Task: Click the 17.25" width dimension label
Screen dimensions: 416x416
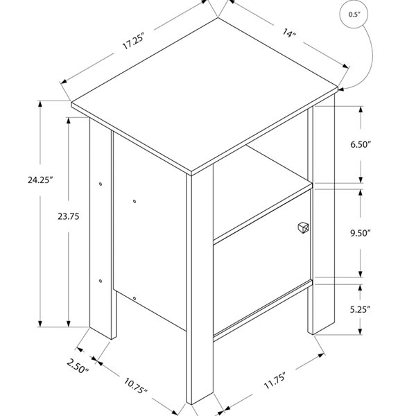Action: point(133,41)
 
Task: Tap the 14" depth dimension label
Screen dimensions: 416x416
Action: point(289,33)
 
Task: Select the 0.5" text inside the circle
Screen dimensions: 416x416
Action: point(354,15)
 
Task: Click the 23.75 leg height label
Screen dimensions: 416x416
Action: point(69,216)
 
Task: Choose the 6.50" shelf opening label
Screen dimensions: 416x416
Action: point(361,145)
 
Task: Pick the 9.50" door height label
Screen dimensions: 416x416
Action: point(360,233)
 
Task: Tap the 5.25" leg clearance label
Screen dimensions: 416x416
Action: point(360,309)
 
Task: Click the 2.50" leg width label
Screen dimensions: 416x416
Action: point(77,365)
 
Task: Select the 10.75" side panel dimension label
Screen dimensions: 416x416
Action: point(135,386)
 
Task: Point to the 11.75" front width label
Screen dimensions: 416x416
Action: point(275,381)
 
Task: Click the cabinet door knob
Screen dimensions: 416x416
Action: point(303,227)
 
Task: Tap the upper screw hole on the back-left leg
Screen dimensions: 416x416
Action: point(101,184)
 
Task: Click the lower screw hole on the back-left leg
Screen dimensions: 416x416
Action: point(101,281)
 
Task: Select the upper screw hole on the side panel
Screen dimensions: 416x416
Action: point(135,201)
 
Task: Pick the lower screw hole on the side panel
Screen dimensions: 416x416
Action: point(135,298)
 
